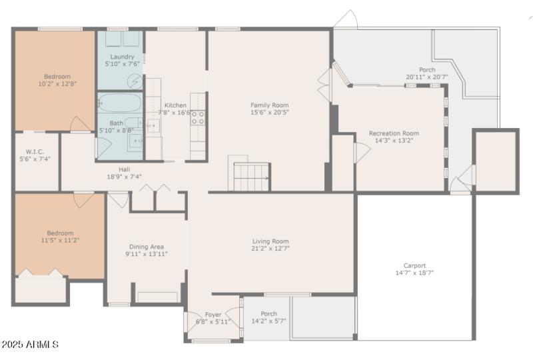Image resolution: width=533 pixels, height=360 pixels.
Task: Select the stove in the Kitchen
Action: coord(198,118)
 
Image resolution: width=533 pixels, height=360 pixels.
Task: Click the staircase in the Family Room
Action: coord(251,177)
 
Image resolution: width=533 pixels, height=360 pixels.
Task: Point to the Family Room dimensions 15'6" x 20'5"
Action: coord(269,113)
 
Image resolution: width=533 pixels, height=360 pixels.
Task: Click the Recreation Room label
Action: coord(394,133)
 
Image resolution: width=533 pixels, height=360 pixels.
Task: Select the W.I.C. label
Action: coord(35,151)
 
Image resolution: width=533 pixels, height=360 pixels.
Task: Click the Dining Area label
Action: coord(145,246)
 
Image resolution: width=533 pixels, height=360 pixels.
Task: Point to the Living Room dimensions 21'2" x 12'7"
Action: coord(270,249)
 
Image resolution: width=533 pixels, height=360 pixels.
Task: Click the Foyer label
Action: coord(213,314)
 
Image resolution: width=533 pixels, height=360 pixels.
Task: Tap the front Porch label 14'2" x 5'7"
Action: coord(268,321)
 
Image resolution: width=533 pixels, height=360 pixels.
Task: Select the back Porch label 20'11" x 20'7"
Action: coord(426,77)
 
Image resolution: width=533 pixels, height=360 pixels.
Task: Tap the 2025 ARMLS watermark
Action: coord(30,345)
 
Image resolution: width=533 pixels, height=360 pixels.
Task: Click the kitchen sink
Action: coord(153,126)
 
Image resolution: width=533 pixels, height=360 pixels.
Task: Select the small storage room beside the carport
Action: coord(496,160)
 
